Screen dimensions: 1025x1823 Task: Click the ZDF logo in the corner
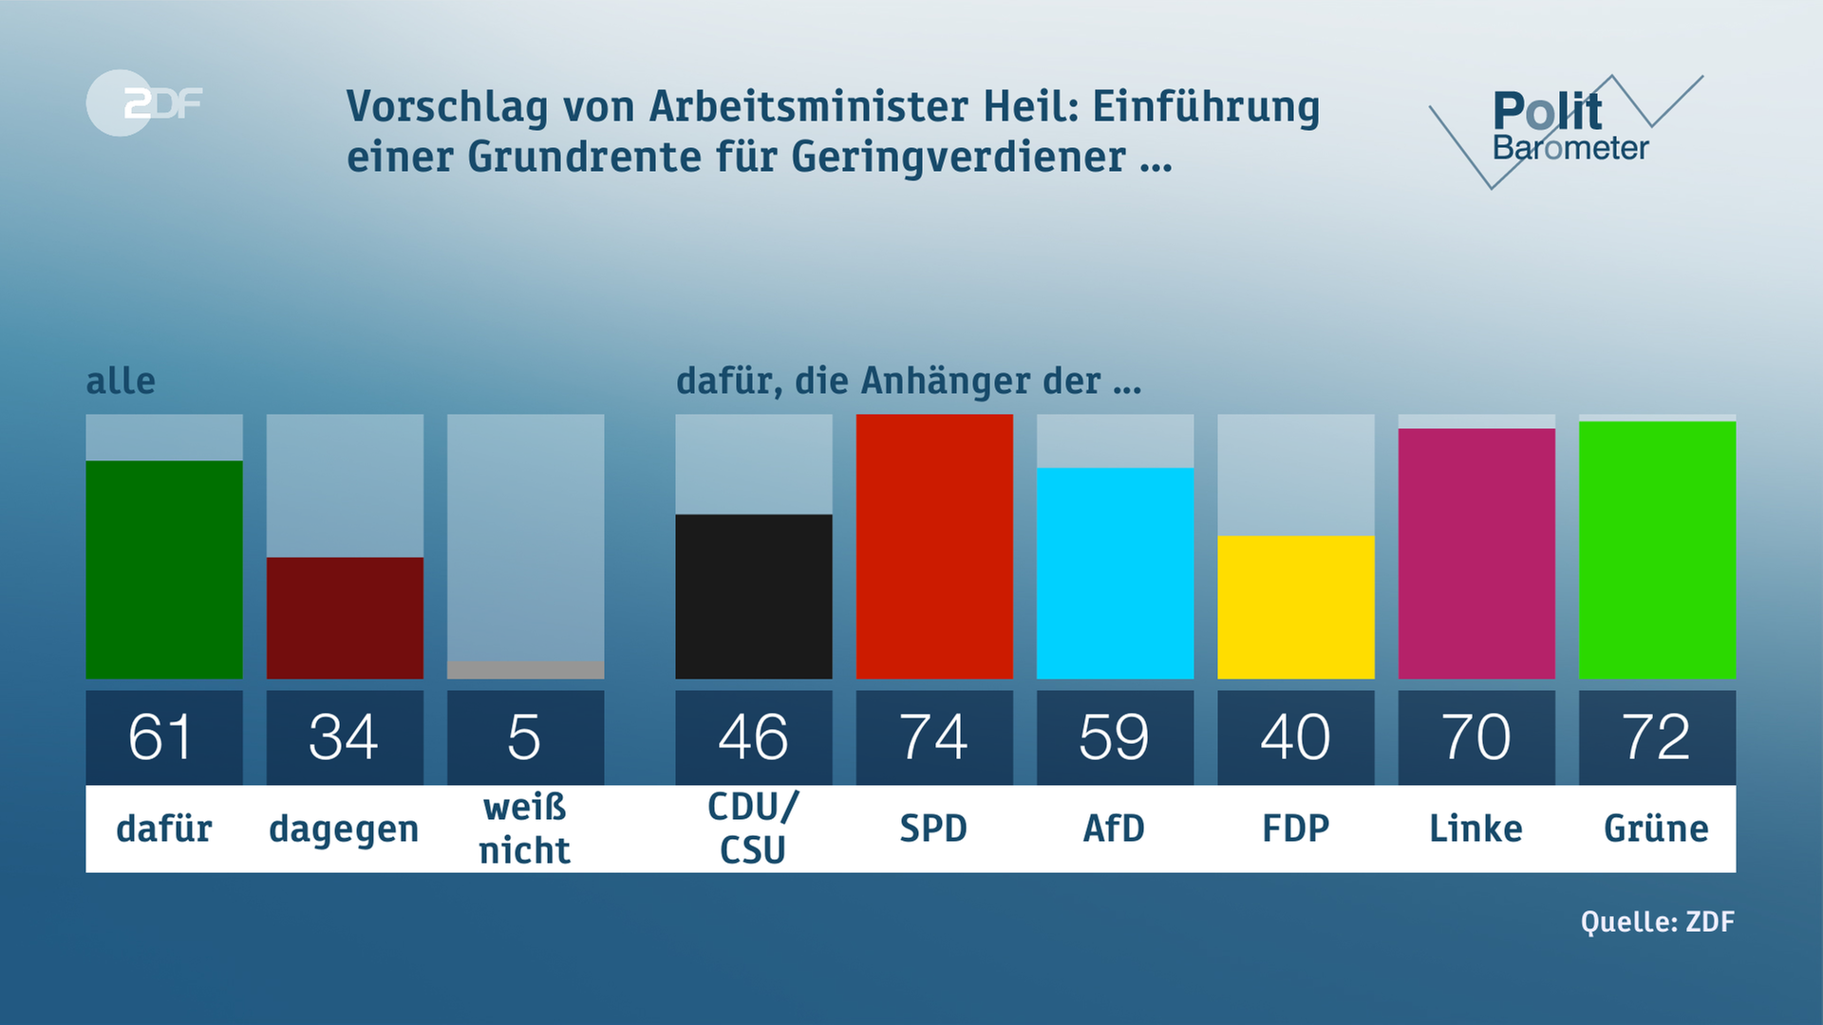coord(144,102)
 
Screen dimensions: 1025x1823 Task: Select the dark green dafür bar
coord(164,569)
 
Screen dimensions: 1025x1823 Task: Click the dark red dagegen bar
coord(345,618)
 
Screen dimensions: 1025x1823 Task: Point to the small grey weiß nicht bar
coord(525,670)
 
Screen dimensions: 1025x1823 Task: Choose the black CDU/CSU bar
coord(754,596)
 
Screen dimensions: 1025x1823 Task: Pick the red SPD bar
coord(934,547)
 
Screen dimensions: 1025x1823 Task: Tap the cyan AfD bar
coord(1115,573)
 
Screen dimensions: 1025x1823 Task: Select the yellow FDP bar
coord(1295,607)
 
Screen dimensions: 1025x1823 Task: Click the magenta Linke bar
coord(1476,553)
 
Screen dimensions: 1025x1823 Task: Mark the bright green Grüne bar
coord(1657,550)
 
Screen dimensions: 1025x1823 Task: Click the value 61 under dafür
coord(161,737)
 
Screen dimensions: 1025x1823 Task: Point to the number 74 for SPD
coord(934,737)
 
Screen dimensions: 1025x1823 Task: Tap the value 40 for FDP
coord(1295,737)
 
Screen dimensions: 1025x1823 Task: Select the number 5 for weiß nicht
coord(525,737)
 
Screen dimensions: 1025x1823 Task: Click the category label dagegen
coord(344,829)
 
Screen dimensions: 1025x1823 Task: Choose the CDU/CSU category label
coord(754,829)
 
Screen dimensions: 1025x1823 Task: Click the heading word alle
coord(121,382)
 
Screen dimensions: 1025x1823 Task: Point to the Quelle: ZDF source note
coord(1657,922)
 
